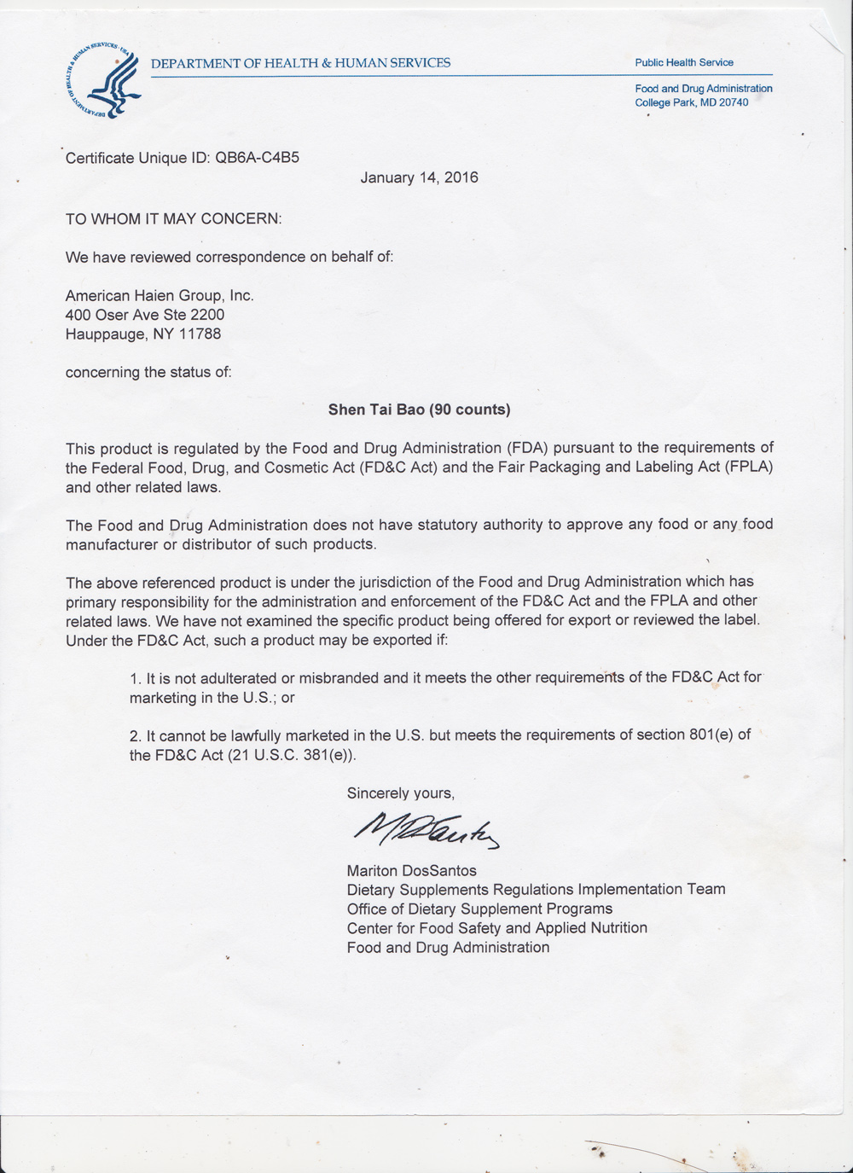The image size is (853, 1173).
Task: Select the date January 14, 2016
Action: coord(419,177)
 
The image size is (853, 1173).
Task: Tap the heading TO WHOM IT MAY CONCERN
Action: coord(173,218)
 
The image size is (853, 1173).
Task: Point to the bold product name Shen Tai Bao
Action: coord(376,409)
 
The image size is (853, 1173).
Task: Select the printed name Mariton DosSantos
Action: coord(411,871)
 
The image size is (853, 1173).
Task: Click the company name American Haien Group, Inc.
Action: coord(160,295)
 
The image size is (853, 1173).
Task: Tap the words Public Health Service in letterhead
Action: coord(684,62)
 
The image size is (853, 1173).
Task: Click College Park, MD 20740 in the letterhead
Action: coord(691,102)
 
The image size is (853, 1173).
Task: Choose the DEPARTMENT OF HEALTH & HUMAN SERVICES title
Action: coord(300,62)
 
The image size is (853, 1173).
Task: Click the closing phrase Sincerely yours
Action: coord(400,793)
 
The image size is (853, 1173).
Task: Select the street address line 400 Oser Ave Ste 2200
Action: coord(145,315)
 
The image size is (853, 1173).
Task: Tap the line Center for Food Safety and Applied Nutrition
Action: coord(496,927)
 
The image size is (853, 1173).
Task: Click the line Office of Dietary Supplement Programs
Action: coord(479,909)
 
